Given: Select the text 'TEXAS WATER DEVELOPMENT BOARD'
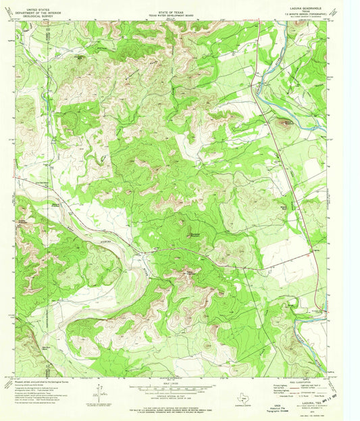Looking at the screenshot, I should point(179,14).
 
